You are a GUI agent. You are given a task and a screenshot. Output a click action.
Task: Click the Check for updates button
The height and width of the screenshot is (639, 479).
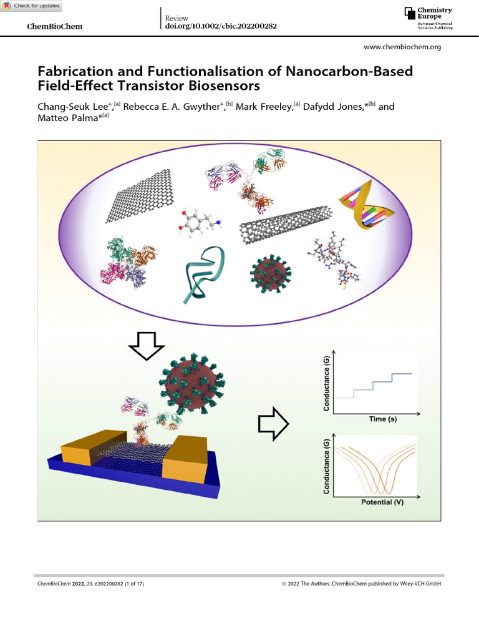tap(31, 6)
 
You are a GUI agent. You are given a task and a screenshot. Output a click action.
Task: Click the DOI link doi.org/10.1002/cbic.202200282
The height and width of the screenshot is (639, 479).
tap(220, 26)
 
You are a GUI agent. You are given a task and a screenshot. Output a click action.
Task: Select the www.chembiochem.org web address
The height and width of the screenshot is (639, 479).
tap(402, 47)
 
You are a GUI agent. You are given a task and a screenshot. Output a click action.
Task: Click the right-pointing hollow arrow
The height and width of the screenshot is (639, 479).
tap(273, 424)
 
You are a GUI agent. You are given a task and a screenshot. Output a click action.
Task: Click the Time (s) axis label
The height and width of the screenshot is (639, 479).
tap(382, 419)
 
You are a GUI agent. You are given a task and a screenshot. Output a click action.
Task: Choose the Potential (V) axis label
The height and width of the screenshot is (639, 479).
tap(382, 502)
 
